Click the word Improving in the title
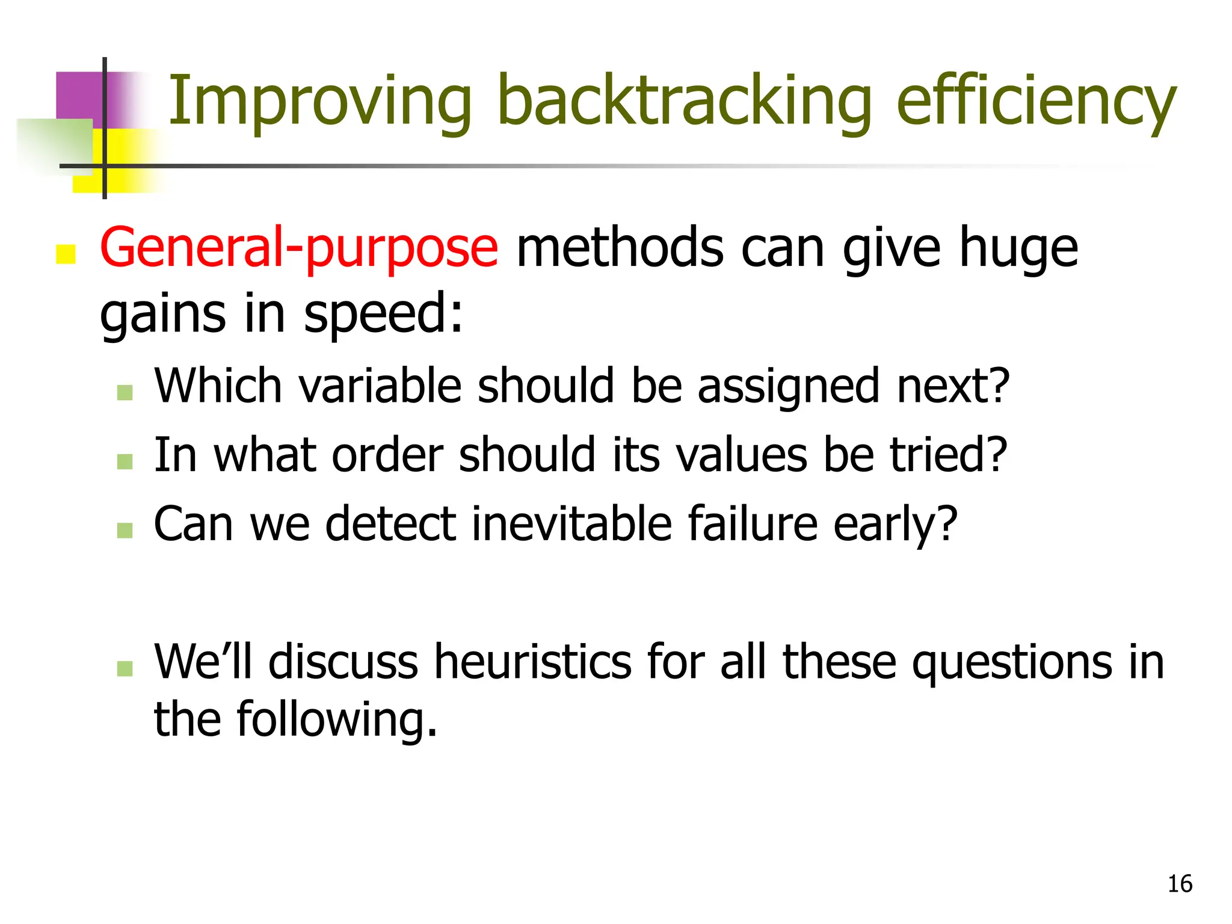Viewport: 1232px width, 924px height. [319, 101]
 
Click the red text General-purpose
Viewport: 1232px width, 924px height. [299, 248]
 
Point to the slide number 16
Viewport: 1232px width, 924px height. [1180, 884]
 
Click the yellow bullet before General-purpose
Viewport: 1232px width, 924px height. [66, 254]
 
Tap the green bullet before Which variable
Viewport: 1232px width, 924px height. [125, 393]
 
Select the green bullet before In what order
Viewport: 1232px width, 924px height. [125, 461]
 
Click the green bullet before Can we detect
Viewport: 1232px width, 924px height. [125, 530]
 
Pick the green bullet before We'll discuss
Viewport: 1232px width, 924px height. [125, 668]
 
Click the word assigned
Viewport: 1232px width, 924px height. [788, 386]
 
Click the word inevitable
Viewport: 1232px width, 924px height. [571, 523]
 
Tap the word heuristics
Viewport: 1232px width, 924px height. [532, 662]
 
